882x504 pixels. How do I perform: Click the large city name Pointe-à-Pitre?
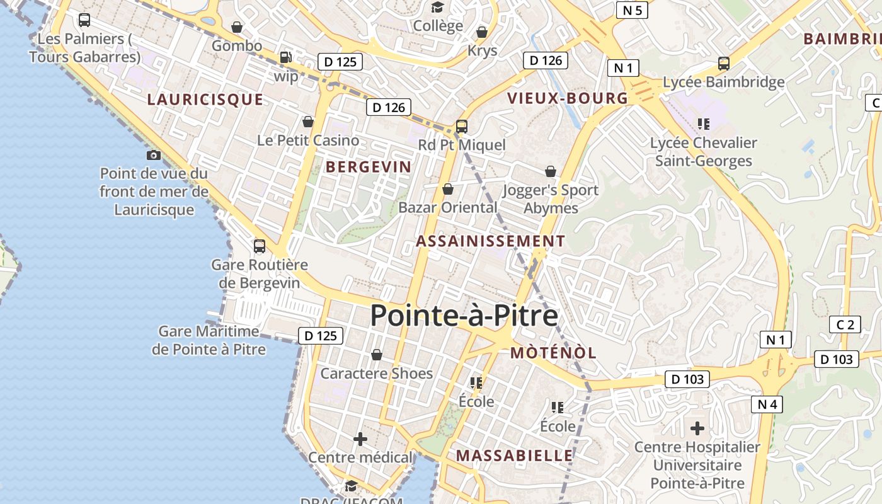point(464,316)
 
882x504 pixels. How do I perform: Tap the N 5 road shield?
point(632,10)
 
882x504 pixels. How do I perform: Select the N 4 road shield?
point(767,404)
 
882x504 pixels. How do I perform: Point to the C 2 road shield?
point(845,325)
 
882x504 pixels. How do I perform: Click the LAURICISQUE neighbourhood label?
point(205,100)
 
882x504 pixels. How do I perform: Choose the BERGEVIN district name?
point(369,167)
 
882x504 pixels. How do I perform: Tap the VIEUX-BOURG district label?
point(568,98)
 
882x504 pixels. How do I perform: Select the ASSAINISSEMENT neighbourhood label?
point(490,241)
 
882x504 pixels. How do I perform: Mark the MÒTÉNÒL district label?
point(553,353)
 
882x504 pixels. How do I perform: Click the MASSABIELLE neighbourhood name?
point(515,455)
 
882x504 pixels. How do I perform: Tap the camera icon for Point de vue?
point(153,155)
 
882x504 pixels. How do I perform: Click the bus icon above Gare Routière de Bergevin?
point(259,246)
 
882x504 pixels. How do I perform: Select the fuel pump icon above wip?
point(285,57)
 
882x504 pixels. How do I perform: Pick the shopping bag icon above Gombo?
point(237,27)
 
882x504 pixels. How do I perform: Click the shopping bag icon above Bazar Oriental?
point(448,189)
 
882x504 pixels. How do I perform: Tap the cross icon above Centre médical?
point(360,439)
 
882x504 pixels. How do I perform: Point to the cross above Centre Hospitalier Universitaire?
point(697,428)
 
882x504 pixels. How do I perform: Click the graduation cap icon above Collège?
point(437,7)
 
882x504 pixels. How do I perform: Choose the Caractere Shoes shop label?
point(377,374)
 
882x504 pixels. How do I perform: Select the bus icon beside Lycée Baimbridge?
point(723,64)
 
